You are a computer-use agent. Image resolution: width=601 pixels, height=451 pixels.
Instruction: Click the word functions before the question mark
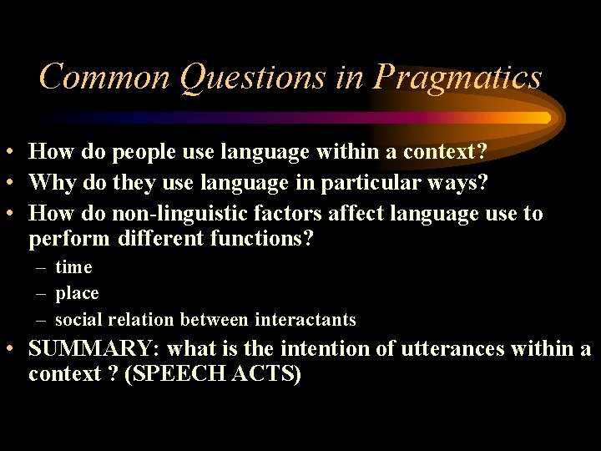click(264, 240)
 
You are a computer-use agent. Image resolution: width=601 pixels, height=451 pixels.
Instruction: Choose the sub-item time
click(73, 268)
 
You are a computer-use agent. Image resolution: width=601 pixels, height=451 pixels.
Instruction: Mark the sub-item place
click(77, 294)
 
